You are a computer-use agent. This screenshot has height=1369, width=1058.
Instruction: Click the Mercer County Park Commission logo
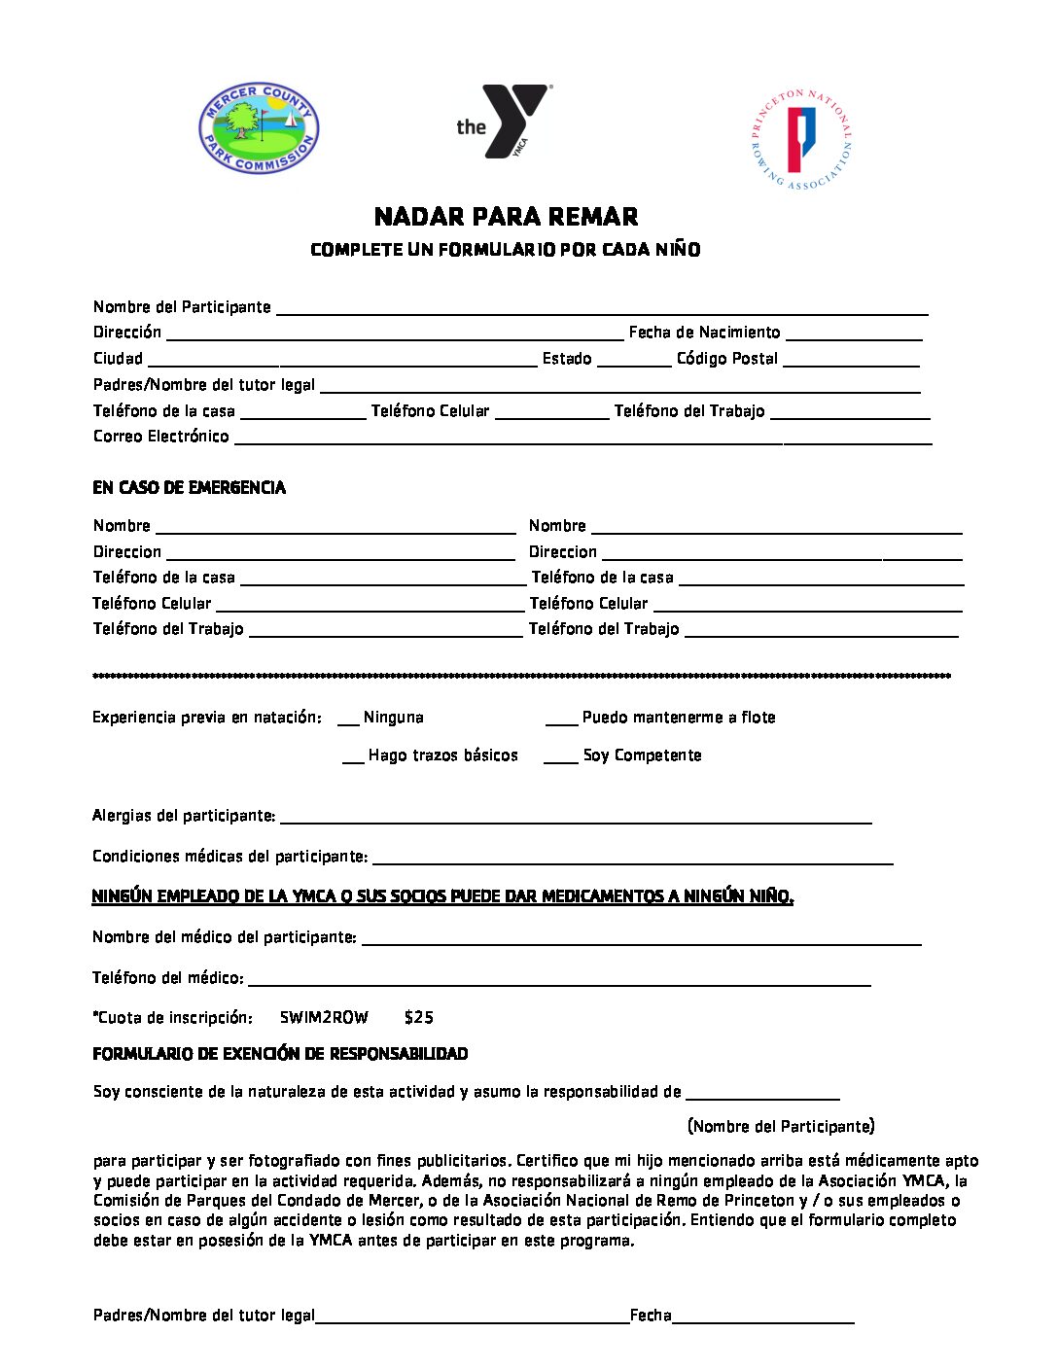259,127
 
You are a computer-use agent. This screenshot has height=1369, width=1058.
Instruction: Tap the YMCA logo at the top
504,122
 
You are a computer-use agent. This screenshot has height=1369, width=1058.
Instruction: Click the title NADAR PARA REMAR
506,216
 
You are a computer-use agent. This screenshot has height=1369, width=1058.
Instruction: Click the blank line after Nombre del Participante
602,310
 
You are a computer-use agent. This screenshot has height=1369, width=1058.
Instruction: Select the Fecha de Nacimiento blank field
853,335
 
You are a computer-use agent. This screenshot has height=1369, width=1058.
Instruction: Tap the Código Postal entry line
850,362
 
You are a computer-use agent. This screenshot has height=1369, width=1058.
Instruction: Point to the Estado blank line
633,362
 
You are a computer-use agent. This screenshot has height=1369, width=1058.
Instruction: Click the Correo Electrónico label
161,437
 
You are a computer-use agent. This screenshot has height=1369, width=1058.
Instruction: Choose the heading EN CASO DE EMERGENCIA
189,487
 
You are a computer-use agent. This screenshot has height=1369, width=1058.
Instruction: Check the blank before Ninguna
348,720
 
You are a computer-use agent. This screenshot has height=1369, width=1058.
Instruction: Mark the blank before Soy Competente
560,758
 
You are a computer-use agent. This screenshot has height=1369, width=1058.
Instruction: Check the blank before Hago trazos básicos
353,758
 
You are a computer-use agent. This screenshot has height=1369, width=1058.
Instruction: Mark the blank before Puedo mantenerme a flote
561,720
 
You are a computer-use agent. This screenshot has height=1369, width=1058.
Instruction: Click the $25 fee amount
419,1017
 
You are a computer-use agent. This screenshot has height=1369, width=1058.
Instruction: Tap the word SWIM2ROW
324,1017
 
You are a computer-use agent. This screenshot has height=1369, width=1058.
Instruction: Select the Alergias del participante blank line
575,820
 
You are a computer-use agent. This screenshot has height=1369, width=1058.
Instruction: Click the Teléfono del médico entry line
559,982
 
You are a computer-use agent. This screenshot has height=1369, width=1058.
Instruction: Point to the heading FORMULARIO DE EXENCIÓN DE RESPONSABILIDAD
280,1054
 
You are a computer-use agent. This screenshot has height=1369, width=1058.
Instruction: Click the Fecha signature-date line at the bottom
762,1319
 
